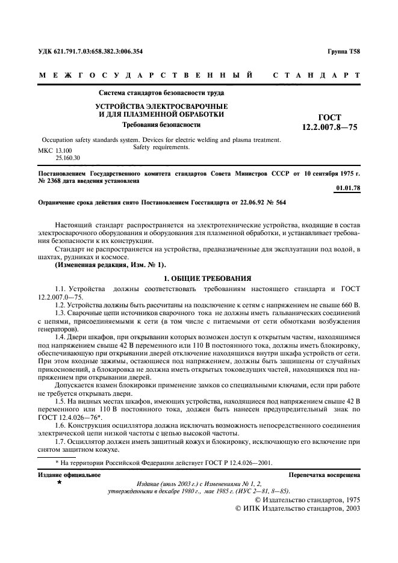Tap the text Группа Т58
tap(344, 51)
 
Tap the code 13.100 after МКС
tap(64, 149)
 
